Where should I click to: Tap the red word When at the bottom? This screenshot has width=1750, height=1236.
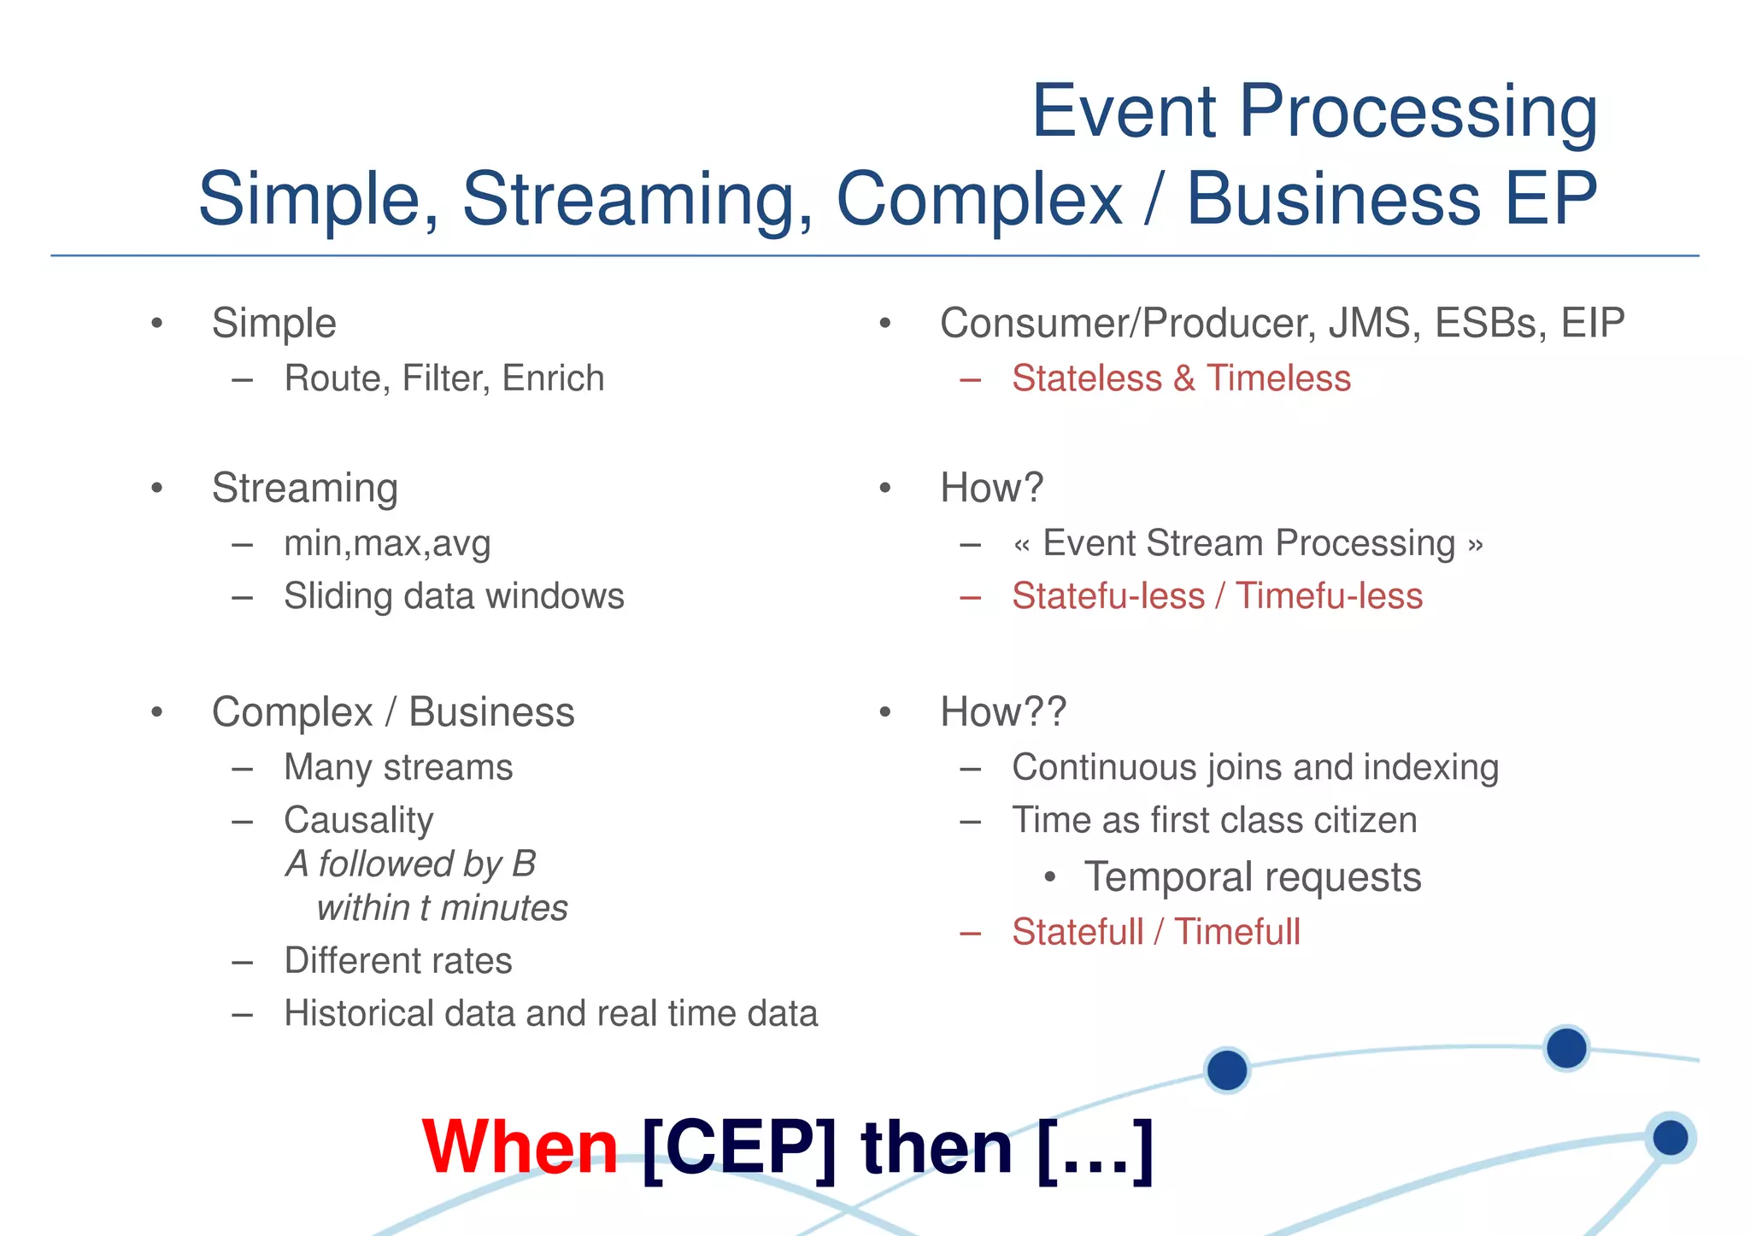pyautogui.click(x=520, y=1147)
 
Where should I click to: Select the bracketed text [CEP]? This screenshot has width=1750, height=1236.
pyautogui.click(x=738, y=1147)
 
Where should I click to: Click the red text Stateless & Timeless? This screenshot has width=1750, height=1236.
pyautogui.click(x=1181, y=378)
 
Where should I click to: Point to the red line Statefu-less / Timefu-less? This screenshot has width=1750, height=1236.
pyautogui.click(x=1217, y=596)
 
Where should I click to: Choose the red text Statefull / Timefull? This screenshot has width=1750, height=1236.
pyautogui.click(x=1155, y=932)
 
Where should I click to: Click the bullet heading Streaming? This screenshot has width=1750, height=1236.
pyautogui.click(x=304, y=488)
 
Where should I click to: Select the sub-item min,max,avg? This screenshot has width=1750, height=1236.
pyautogui.click(x=387, y=543)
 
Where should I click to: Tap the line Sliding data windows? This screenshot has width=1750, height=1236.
pyautogui.click(x=454, y=596)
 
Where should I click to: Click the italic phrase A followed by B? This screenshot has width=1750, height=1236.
pyautogui.click(x=410, y=864)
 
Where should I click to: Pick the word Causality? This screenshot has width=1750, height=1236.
pyautogui.click(x=358, y=820)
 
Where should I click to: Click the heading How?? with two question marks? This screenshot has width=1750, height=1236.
pyautogui.click(x=1002, y=712)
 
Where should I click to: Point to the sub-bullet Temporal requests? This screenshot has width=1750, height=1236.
pyautogui.click(x=1252, y=877)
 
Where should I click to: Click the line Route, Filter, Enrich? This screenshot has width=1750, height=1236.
pyautogui.click(x=443, y=378)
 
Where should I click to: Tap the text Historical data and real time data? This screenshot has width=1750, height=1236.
pyautogui.click(x=550, y=1014)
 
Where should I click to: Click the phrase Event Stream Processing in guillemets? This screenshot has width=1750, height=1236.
pyautogui.click(x=1248, y=543)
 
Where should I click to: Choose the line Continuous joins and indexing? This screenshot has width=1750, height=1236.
pyautogui.click(x=1254, y=767)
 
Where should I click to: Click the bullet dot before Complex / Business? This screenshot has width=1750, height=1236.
pyautogui.click(x=156, y=712)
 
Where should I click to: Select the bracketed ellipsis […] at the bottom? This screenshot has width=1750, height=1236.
pyautogui.click(x=1095, y=1147)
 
